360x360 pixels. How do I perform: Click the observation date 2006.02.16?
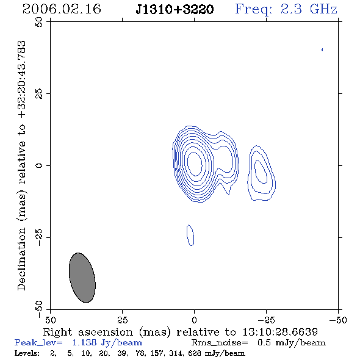62,9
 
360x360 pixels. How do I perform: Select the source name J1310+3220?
175,9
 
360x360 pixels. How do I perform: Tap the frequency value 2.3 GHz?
309,9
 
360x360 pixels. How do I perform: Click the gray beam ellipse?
82,278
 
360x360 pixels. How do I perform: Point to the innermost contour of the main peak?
202,164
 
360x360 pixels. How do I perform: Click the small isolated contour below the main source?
190,235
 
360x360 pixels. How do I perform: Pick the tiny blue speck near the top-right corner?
322,49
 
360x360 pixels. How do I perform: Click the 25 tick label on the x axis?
122,320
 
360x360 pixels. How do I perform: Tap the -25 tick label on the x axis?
266,320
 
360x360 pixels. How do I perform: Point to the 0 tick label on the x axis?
194,320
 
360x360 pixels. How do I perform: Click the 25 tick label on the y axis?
39,94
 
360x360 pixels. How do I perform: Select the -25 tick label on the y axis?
39,237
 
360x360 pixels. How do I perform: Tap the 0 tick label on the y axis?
39,165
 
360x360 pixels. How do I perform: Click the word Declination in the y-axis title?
21,259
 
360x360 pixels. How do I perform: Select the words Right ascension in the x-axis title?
88,332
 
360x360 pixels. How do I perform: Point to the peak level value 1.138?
84,342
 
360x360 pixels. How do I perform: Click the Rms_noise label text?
220,343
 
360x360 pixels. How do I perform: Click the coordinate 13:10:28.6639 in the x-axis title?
280,332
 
